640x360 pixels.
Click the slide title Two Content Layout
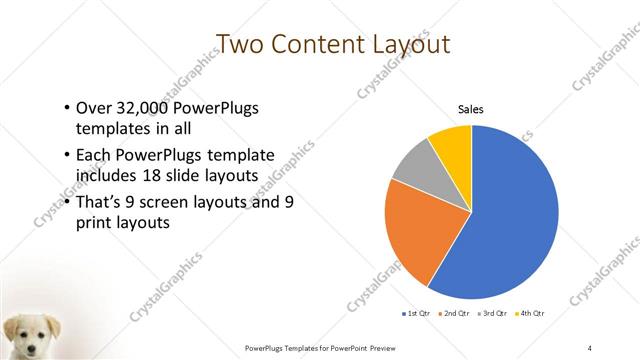(319, 44)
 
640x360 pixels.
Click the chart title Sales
(471, 109)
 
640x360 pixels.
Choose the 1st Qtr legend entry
(416, 314)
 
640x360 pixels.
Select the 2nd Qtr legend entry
(456, 314)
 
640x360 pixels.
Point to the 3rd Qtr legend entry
(494, 314)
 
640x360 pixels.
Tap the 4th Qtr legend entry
(531, 314)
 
